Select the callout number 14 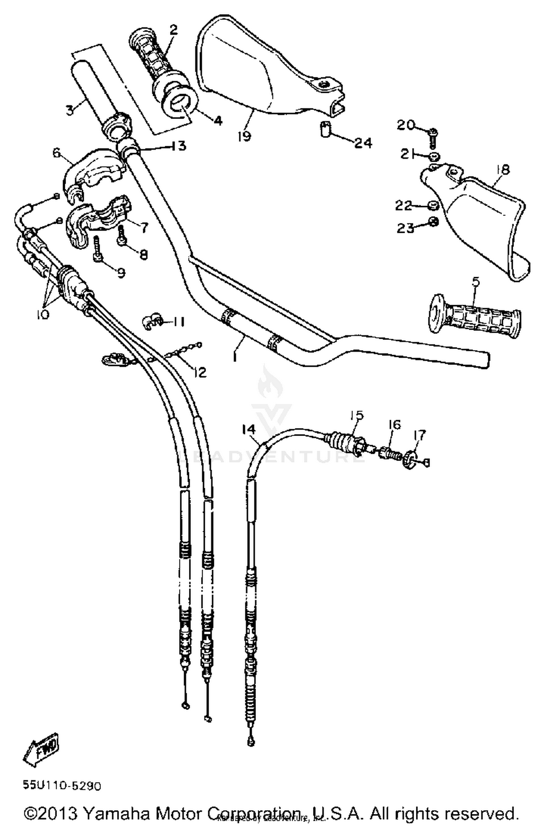pyautogui.click(x=248, y=429)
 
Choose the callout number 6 pyautogui.click(x=57, y=153)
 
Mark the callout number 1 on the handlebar pyautogui.click(x=235, y=357)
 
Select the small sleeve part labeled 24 pyautogui.click(x=326, y=129)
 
